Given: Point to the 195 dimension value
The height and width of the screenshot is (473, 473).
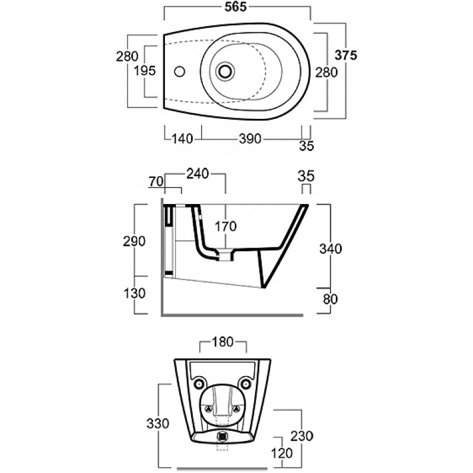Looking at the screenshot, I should pyautogui.click(x=144, y=71).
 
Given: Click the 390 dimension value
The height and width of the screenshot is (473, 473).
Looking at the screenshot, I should pyautogui.click(x=250, y=139).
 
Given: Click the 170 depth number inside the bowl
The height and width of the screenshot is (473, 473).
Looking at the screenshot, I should pyautogui.click(x=226, y=226).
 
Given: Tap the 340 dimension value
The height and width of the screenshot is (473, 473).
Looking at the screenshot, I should pyautogui.click(x=331, y=249).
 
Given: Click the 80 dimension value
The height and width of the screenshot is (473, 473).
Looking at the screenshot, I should pyautogui.click(x=330, y=299).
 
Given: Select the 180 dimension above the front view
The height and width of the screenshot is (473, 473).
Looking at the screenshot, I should pyautogui.click(x=223, y=342).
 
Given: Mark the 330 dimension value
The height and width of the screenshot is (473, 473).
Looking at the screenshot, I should pyautogui.click(x=158, y=423).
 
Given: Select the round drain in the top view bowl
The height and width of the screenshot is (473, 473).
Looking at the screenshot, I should pyautogui.click(x=225, y=72).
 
